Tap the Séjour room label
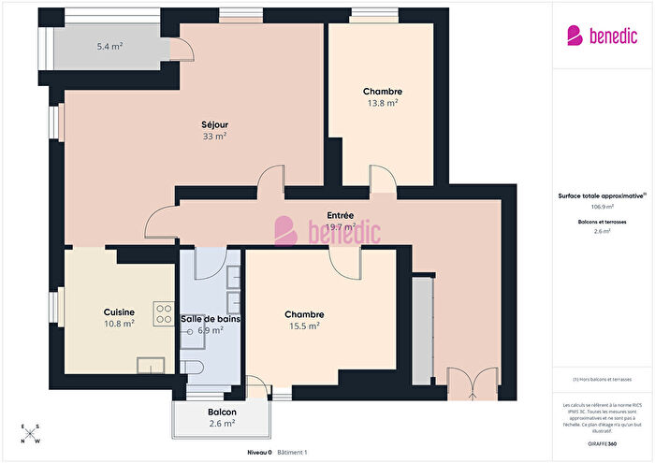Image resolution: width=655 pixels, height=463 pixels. tap(214, 124)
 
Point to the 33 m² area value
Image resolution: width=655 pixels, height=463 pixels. tap(214, 136)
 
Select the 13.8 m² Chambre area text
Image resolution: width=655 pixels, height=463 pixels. tap(381, 103)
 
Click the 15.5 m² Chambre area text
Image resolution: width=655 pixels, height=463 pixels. tap(304, 326)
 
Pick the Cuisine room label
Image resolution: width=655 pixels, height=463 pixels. tap(119, 312)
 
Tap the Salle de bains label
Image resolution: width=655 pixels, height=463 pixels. tap(211, 319)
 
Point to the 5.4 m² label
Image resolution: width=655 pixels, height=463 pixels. tap(110, 46)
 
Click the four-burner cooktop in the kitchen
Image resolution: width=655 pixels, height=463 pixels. tap(163, 314)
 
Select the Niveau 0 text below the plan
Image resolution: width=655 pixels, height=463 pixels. tap(259, 452)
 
